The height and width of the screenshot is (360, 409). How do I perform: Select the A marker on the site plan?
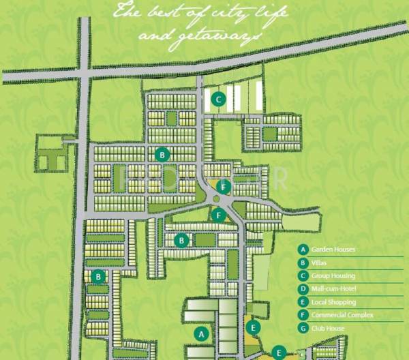coord(200,334)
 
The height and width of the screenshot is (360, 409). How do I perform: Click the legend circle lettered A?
coord(303,250)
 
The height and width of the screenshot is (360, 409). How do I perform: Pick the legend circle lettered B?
coord(303,262)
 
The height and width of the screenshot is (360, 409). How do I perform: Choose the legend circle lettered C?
coord(303,276)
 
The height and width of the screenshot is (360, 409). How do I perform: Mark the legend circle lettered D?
coord(303,289)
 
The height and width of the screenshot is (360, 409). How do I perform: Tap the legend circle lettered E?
coord(303,302)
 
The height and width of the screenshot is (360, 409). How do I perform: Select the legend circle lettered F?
coord(303,316)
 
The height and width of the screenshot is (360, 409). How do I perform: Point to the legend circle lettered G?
coord(303,329)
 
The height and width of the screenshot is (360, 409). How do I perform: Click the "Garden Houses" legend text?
coord(333,250)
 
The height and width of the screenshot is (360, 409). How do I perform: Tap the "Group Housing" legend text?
coord(333,276)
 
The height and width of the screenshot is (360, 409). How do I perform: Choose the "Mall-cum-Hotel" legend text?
coord(334,289)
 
